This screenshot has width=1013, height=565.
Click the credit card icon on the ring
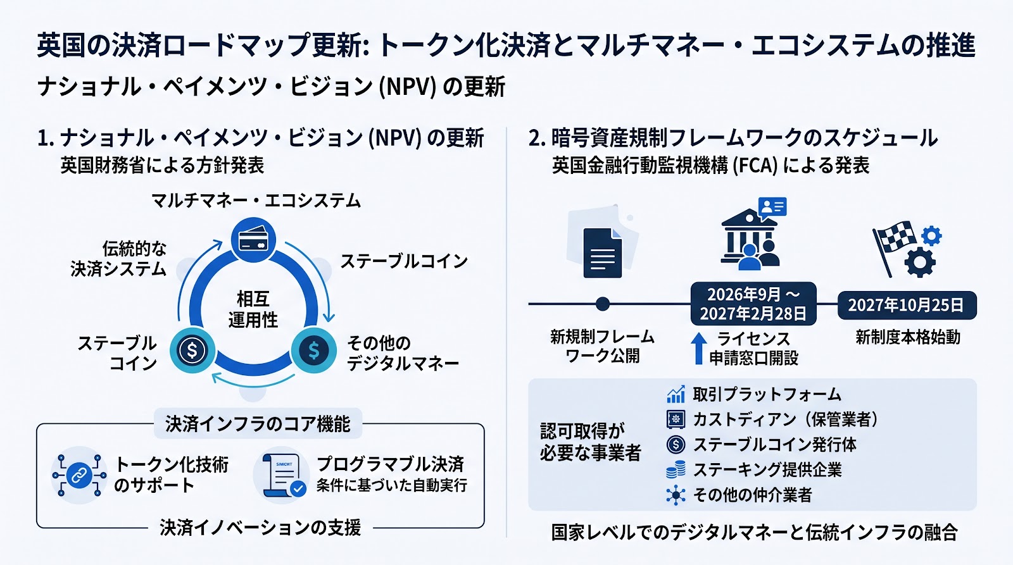point(253,240)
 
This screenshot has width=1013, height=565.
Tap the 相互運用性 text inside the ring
point(253,309)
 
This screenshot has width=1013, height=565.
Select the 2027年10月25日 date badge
point(907,306)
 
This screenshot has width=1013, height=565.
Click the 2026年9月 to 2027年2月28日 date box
point(753,304)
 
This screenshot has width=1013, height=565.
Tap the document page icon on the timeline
point(602,252)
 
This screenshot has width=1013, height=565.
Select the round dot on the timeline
point(602,304)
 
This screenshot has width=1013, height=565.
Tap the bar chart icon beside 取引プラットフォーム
point(676,395)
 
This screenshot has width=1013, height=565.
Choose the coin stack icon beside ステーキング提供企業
point(676,469)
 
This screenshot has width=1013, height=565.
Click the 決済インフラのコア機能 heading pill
point(258,423)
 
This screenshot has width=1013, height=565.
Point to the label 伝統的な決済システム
point(119,259)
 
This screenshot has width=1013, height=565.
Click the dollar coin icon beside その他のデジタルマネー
point(313,351)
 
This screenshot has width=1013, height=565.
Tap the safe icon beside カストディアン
point(676,419)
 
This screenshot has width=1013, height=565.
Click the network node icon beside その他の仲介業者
point(676,495)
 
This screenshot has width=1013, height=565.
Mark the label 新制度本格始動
point(908,338)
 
